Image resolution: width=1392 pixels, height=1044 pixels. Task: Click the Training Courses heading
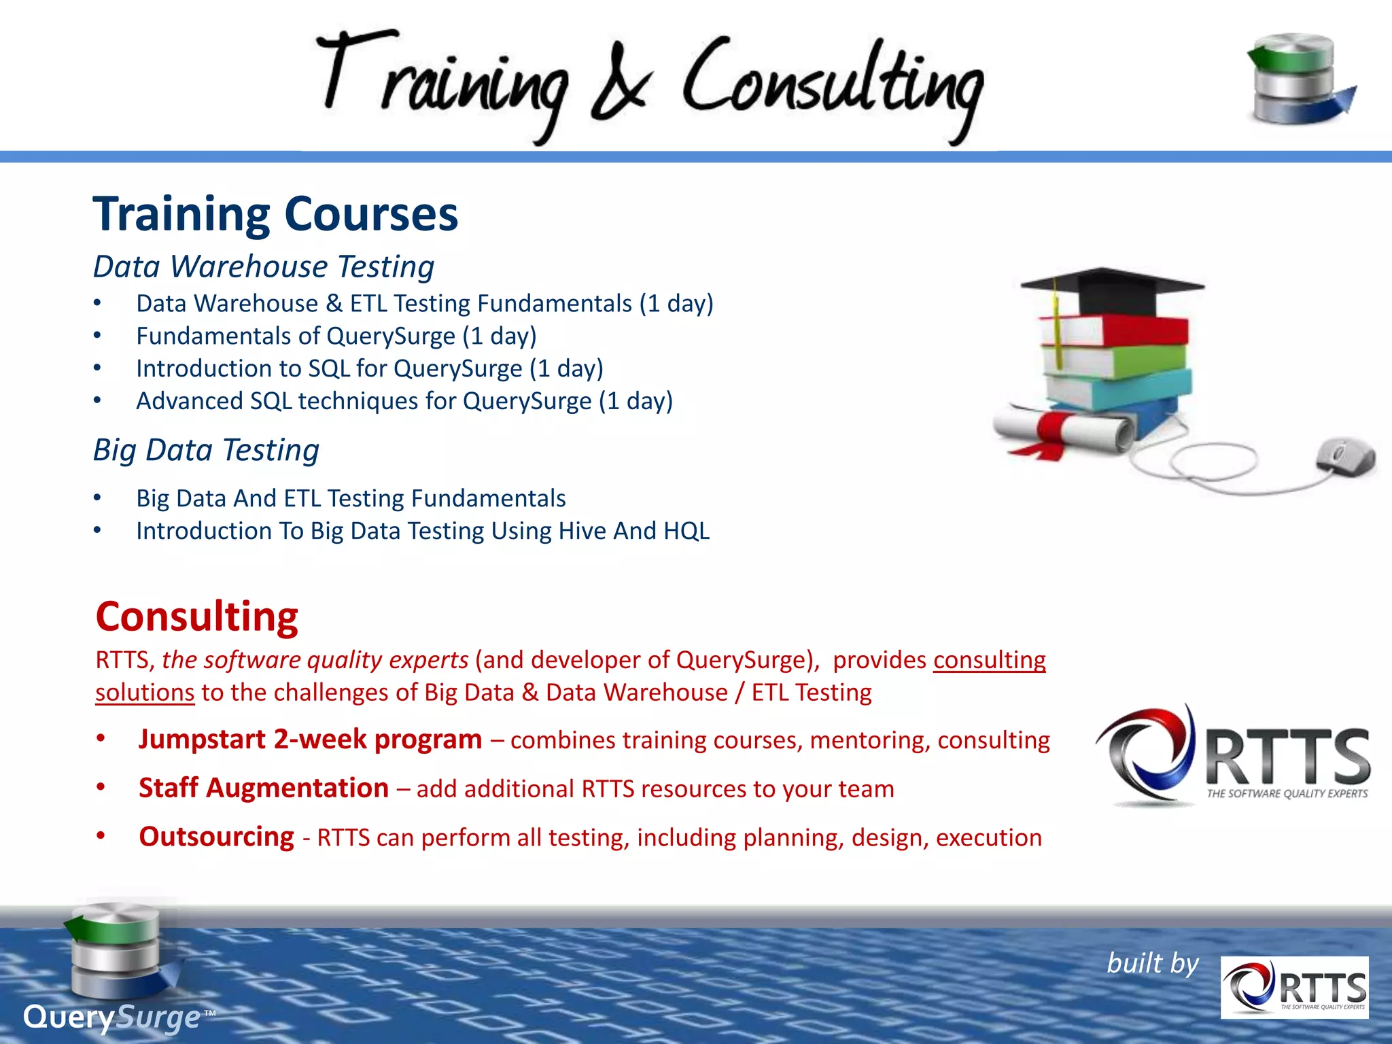coord(275,215)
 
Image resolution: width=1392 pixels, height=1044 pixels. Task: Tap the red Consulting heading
coord(197,617)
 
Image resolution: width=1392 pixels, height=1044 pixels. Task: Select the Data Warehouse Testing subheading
coord(264,266)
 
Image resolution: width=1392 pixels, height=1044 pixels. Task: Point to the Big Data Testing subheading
coord(206,450)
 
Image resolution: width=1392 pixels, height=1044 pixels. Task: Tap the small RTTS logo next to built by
coord(1293,988)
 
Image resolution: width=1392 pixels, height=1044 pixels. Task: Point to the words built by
coord(1153,964)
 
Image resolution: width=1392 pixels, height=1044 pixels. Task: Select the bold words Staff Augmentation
coord(264,788)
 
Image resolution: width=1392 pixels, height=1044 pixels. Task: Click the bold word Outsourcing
coord(217,837)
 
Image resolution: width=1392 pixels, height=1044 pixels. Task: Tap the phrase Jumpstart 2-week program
coord(310,739)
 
